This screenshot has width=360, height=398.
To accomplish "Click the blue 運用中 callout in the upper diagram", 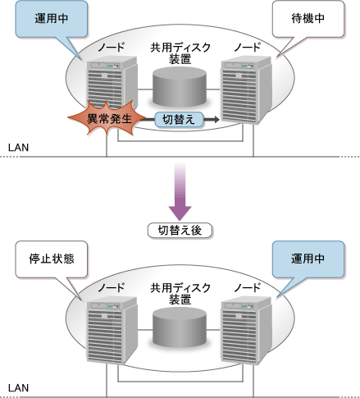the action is click(52, 19).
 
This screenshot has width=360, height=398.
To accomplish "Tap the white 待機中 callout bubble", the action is click(308, 19).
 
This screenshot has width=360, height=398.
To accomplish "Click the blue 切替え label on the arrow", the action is click(179, 120).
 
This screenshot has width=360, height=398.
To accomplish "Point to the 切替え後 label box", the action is click(180, 231).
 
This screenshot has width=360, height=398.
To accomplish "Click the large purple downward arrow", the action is click(180, 191).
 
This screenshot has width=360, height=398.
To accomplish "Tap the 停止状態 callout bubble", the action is click(52, 259).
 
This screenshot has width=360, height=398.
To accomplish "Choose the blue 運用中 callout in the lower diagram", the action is click(308, 259).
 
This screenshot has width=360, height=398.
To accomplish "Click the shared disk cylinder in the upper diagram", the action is click(180, 87).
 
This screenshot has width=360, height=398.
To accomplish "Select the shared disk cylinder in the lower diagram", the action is click(180, 327).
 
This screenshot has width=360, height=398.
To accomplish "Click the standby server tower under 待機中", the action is click(246, 89).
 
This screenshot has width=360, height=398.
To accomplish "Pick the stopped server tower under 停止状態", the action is click(112, 330).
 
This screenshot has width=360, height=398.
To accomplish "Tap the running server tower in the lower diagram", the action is click(246, 330).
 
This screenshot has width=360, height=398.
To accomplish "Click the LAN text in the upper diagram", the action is click(18, 148).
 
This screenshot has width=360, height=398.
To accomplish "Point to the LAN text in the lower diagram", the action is click(18, 388).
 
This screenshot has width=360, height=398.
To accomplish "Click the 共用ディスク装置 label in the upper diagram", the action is click(180, 53).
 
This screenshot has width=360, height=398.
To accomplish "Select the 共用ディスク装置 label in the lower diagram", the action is click(180, 294).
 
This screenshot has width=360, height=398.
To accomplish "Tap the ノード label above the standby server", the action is click(248, 48).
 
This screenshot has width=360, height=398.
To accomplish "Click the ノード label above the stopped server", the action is click(112, 287).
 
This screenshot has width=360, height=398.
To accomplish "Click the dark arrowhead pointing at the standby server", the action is click(216, 120).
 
